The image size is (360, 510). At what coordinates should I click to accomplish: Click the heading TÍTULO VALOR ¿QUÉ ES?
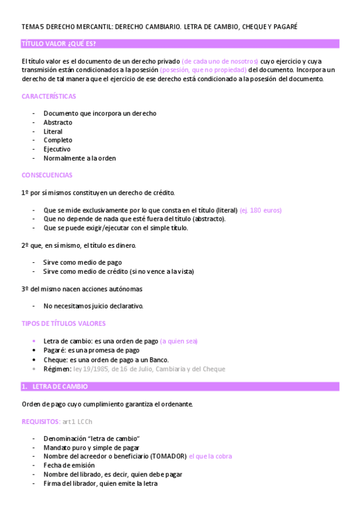click(x=58, y=44)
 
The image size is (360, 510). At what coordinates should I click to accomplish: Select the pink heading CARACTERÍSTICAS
click(x=49, y=96)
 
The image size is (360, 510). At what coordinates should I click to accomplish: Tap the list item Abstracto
click(x=58, y=123)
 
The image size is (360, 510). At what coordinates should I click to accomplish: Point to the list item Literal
click(x=53, y=132)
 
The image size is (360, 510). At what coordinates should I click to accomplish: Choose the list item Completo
click(x=58, y=140)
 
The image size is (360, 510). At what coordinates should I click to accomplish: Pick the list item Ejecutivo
click(x=57, y=149)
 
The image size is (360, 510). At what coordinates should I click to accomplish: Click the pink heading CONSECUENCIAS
click(x=47, y=175)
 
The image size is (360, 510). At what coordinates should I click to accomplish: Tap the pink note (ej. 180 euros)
click(x=260, y=210)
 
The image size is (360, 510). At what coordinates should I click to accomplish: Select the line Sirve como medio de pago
click(x=82, y=262)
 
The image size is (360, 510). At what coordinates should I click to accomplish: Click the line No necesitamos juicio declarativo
click(x=93, y=306)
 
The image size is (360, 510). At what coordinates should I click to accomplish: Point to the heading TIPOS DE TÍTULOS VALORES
click(x=63, y=324)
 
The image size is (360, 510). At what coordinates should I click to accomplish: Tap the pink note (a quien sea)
click(x=178, y=342)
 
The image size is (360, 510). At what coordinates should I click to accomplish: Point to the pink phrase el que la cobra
click(x=210, y=456)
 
